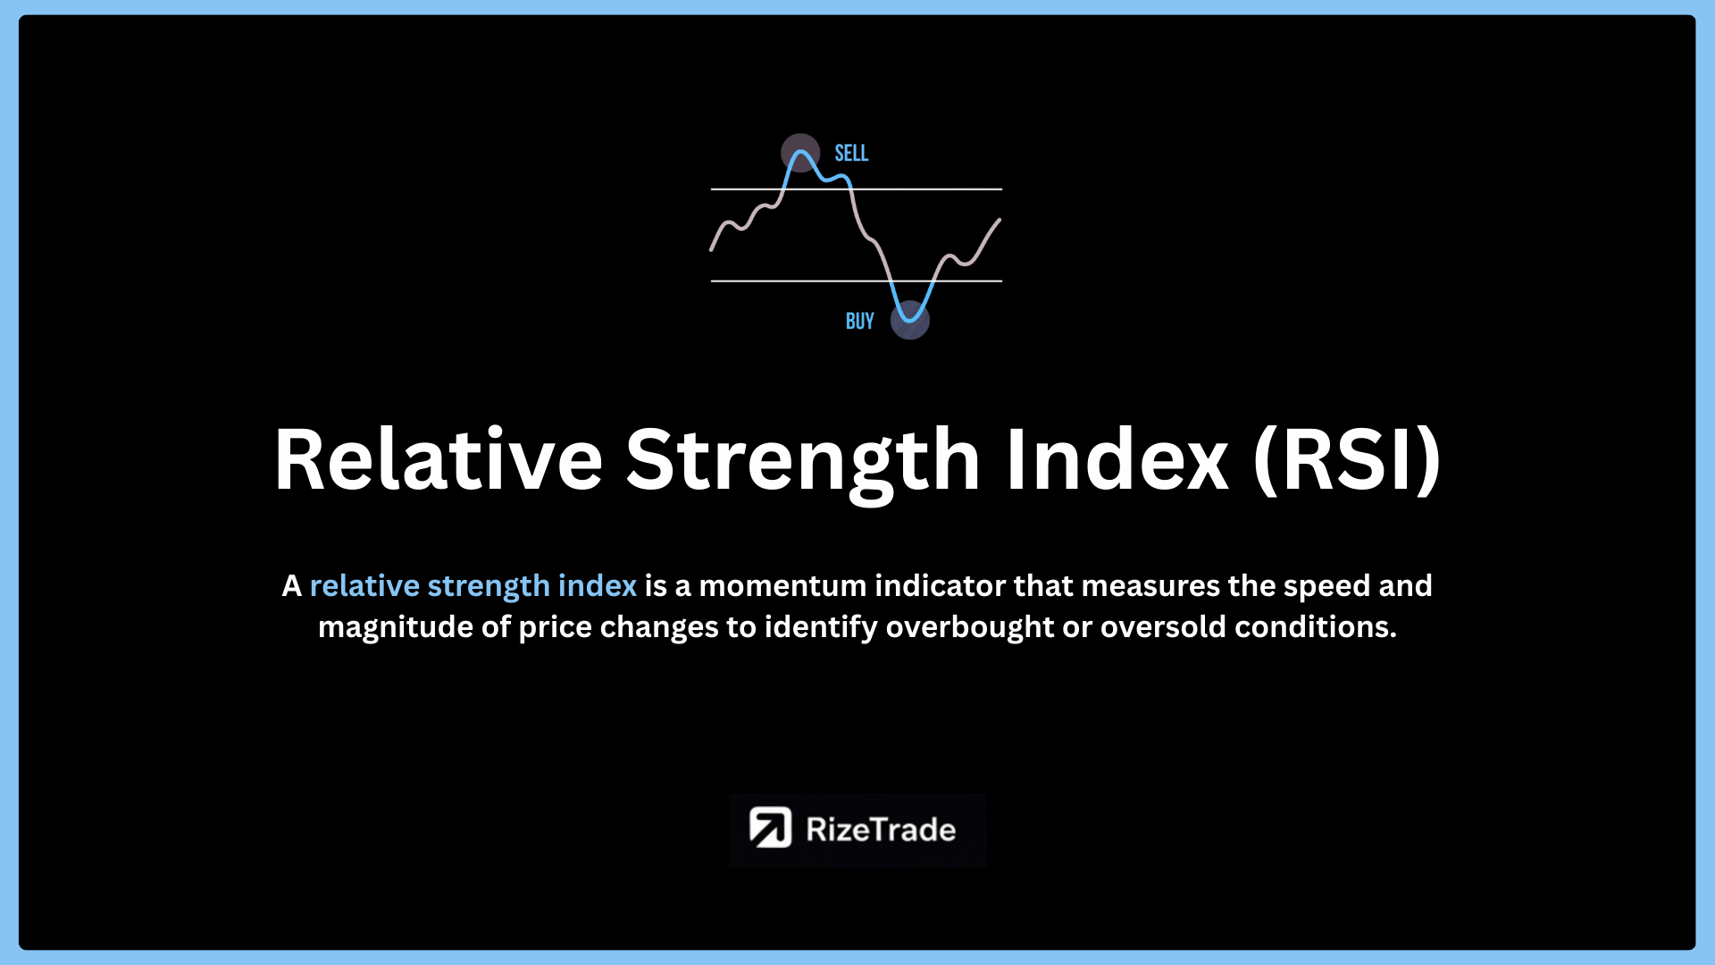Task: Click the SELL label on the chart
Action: (x=851, y=153)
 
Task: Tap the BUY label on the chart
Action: (x=859, y=321)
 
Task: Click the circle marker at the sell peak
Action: (x=800, y=154)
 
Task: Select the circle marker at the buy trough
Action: (x=910, y=320)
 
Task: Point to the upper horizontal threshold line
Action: (x=857, y=189)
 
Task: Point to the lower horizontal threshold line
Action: (x=857, y=281)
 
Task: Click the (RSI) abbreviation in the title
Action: (x=1348, y=460)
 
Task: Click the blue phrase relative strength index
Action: (x=473, y=586)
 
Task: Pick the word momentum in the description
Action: (x=783, y=586)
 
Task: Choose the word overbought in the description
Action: (x=970, y=627)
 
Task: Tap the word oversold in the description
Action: (x=1163, y=627)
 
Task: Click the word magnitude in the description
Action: (x=396, y=628)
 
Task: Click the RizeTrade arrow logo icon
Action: (x=770, y=827)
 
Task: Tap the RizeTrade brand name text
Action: (x=881, y=829)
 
